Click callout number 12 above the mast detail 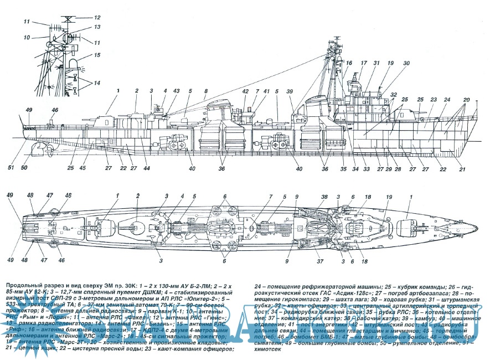[x=97, y=18]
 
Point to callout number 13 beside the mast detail [x=96, y=27]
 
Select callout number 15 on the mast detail [x=97, y=55]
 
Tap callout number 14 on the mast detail [x=97, y=83]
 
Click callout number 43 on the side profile [x=176, y=91]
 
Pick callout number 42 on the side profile [x=245, y=91]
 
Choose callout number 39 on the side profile [x=290, y=91]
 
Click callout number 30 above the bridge [x=406, y=63]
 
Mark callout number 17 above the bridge [x=364, y=63]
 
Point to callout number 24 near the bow [x=446, y=100]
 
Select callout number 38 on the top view [x=324, y=197]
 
